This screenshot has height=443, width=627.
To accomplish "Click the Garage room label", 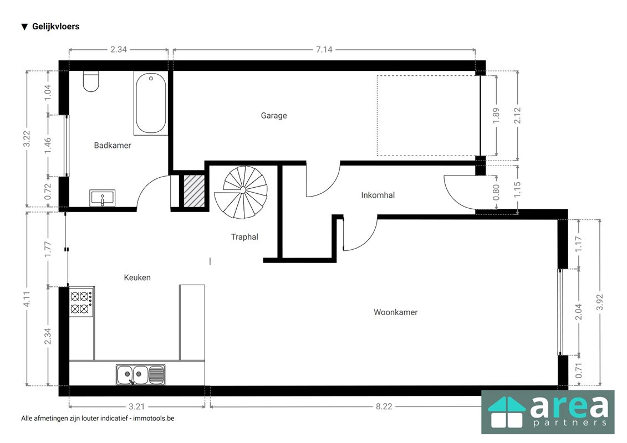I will pos(274,116).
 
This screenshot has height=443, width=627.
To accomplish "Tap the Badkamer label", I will pos(113,146).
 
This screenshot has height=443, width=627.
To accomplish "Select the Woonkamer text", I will pos(395,312).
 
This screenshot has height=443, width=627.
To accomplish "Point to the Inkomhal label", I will pos(378,195).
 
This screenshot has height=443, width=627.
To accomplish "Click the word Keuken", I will pos(137,277).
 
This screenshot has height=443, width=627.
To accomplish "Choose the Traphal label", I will pos(244,237).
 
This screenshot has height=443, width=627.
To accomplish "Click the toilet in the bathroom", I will pos(90,81).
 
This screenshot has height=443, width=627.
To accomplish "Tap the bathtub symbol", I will pos(150,104).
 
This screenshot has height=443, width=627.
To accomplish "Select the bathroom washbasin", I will pos(103,198).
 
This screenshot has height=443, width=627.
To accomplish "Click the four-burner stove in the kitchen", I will pos(81,302).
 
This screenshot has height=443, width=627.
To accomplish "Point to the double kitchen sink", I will pos(140,374).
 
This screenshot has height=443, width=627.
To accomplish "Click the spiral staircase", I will pos(242,191).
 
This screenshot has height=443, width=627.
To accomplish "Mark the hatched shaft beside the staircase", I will pos(193,191).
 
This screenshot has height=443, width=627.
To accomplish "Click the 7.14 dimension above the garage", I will pos(324,49).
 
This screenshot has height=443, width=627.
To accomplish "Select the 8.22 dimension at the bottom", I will pos(384,406).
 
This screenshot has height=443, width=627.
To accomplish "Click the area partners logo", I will pos(547,412).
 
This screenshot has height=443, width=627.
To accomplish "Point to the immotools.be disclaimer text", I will pos(98,419).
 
